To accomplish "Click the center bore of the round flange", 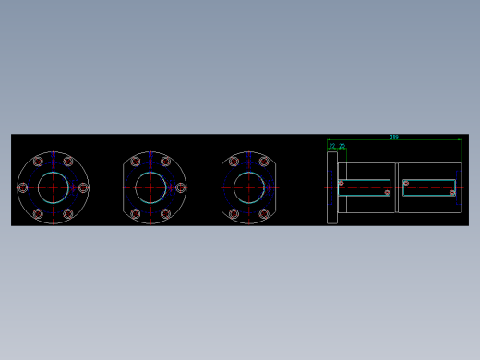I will click(53, 187).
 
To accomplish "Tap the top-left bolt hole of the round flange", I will click(38, 162).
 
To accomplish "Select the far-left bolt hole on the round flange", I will click(23, 187).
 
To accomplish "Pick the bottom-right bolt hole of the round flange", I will click(68, 214).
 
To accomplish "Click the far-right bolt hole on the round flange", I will click(83, 187).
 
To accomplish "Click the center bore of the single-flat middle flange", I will click(150, 187).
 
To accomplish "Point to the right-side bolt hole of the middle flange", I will click(180, 187).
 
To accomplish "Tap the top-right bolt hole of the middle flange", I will click(166, 162).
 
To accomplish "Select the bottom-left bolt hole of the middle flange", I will click(136, 214).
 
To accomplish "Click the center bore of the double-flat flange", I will click(249, 187).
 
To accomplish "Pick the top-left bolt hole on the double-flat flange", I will click(234, 162).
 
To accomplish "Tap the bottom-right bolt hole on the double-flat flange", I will click(264, 214).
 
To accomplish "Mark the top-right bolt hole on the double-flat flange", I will click(264, 162).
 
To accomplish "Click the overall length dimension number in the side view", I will click(394, 137).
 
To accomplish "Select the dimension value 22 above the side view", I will click(332, 145).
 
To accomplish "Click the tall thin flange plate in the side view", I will click(332, 187).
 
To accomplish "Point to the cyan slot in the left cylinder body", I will click(365, 188).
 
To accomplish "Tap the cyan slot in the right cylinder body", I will click(429, 187).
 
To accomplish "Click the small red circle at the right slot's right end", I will click(452, 193).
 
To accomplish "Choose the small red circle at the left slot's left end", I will click(341, 183).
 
